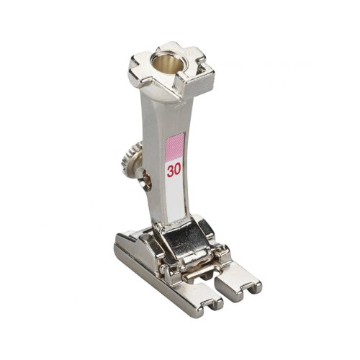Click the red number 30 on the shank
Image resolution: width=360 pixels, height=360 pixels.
[x=174, y=171]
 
